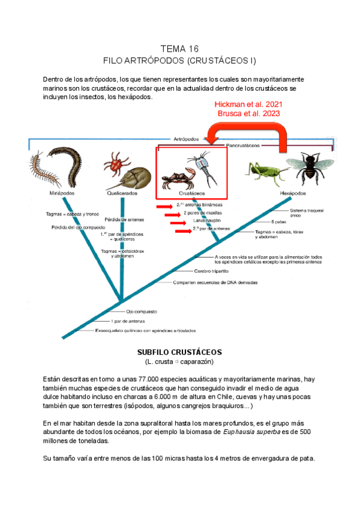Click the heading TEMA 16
pos(180,49)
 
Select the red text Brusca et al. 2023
pos(248,113)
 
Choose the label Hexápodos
pos(293,194)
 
